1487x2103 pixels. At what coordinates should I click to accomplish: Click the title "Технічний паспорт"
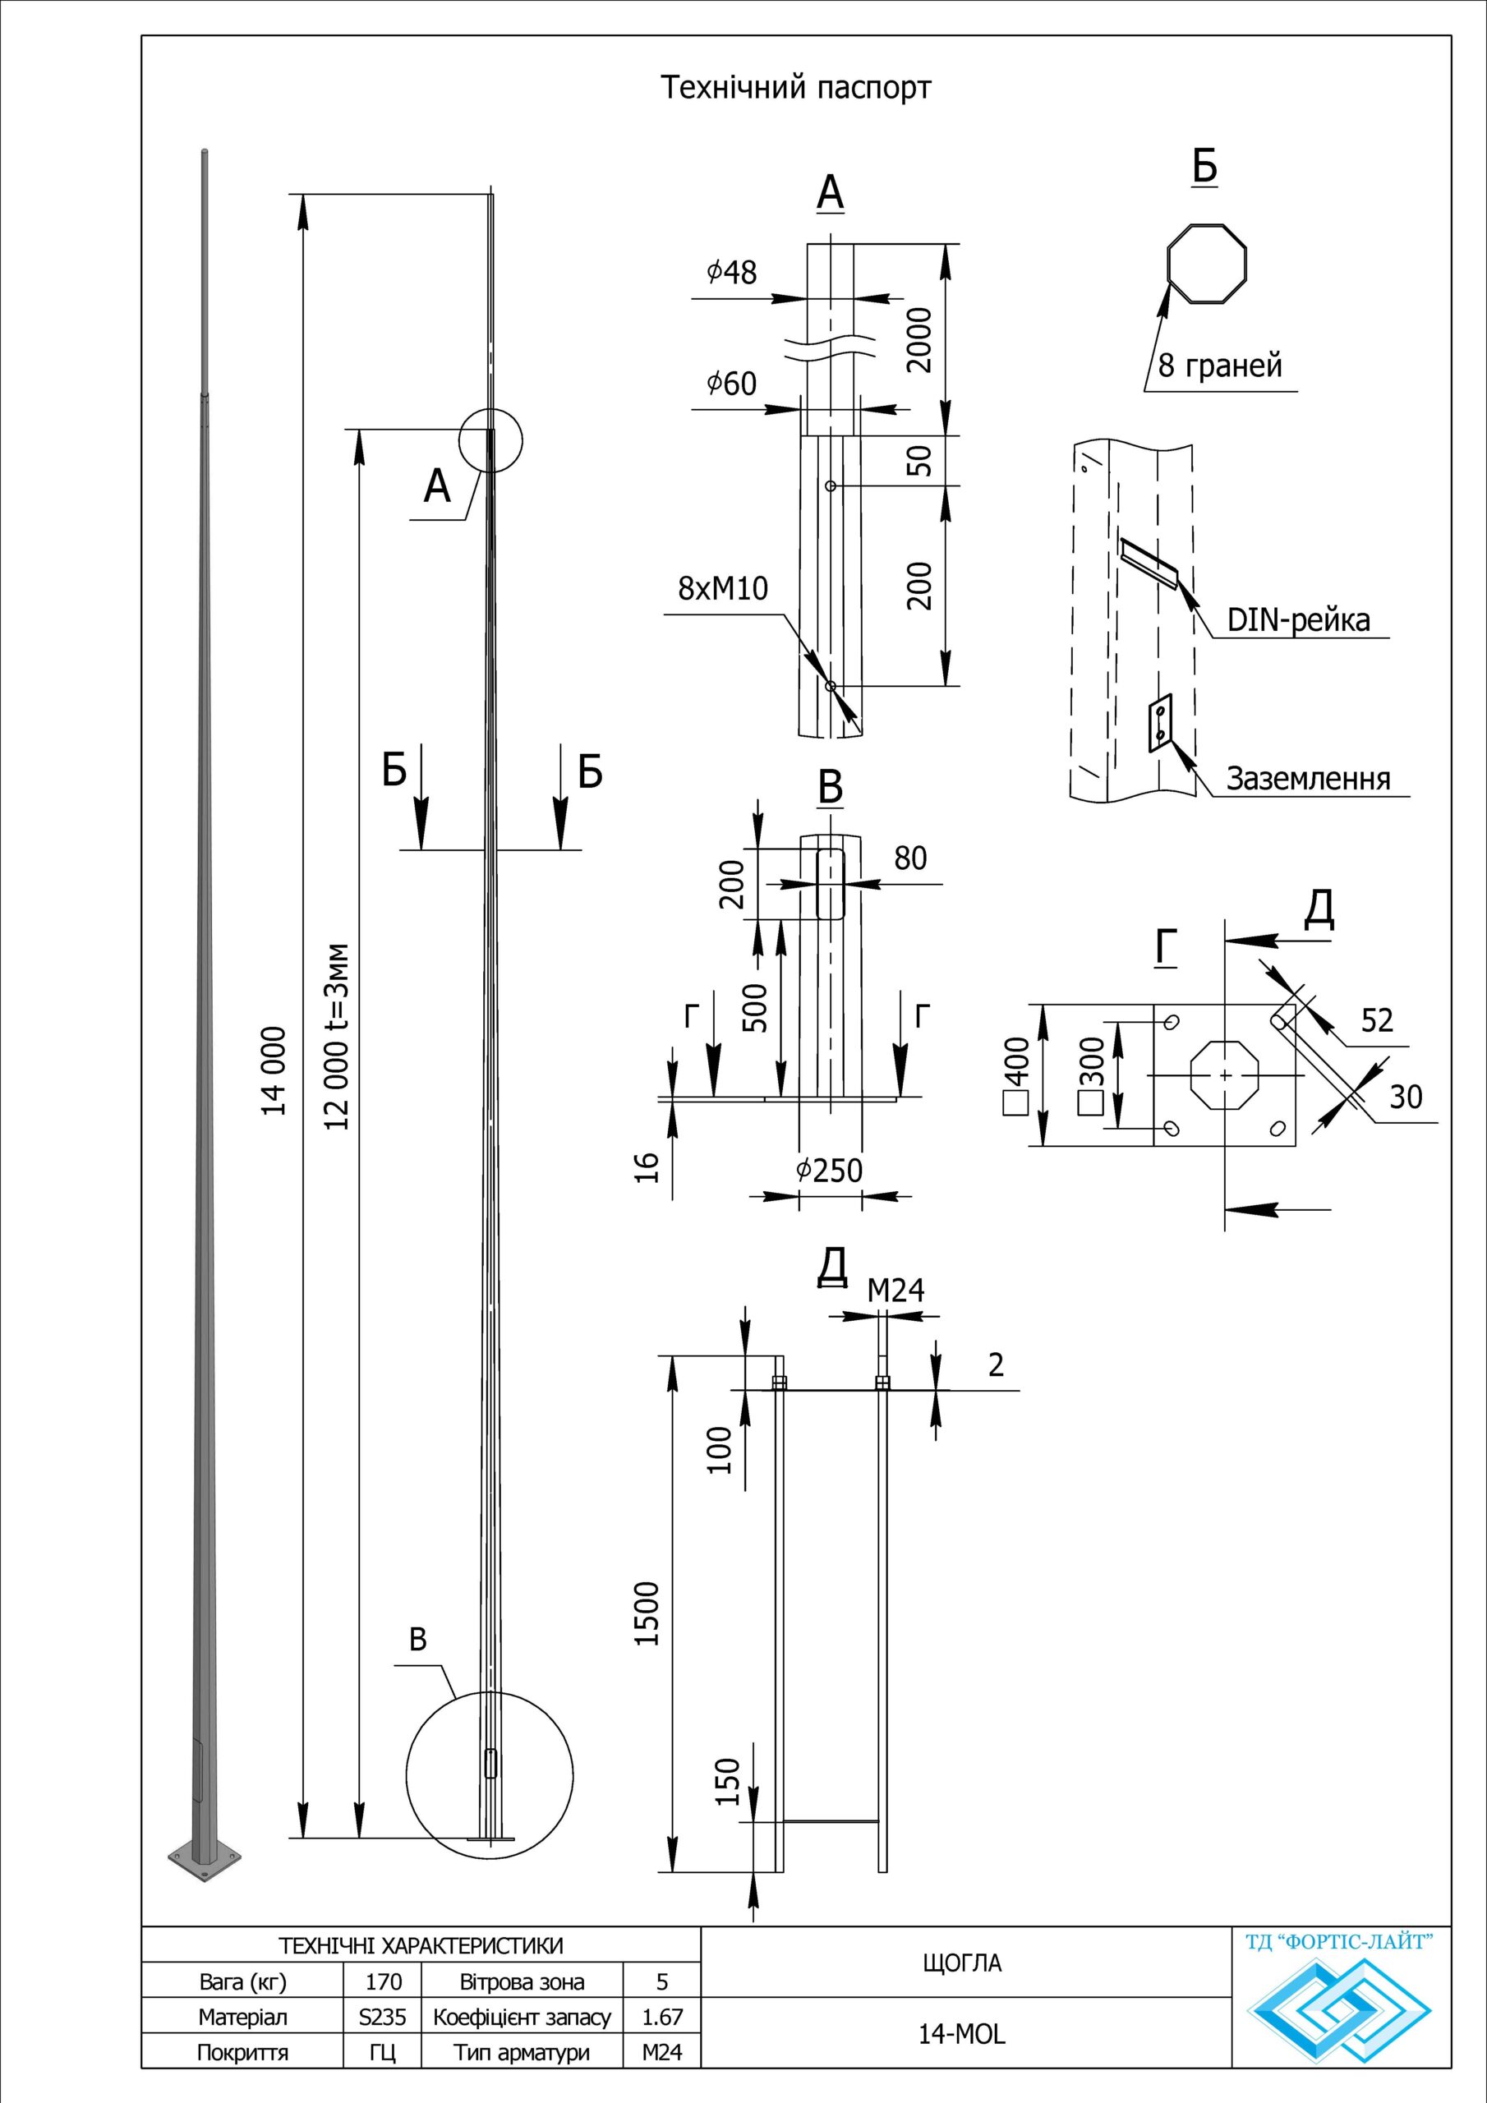795,88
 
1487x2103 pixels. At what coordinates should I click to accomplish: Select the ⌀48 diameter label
732,272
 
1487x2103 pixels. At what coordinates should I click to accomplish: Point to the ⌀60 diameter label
732,384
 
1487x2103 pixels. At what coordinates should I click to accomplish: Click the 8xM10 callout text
723,589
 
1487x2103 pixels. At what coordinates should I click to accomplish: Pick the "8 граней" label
1219,366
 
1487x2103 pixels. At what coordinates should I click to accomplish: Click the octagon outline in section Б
1208,263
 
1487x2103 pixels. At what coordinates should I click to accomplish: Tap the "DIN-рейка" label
1299,620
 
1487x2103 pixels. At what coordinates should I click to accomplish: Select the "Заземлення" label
1309,779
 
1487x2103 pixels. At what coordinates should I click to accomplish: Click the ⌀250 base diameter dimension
830,1171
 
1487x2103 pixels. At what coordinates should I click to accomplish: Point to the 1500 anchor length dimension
647,1614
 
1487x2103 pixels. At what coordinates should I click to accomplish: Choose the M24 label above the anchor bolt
896,1291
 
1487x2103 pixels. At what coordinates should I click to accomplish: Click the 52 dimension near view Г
1377,1020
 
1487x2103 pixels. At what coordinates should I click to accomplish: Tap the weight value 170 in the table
383,1982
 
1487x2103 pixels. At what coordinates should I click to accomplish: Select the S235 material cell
383,2017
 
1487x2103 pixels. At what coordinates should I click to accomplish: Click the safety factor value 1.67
661,2017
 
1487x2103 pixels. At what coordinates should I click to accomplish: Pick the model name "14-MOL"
962,2034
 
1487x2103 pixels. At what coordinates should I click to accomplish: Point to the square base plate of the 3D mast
205,1857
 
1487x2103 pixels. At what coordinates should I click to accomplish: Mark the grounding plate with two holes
1160,723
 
